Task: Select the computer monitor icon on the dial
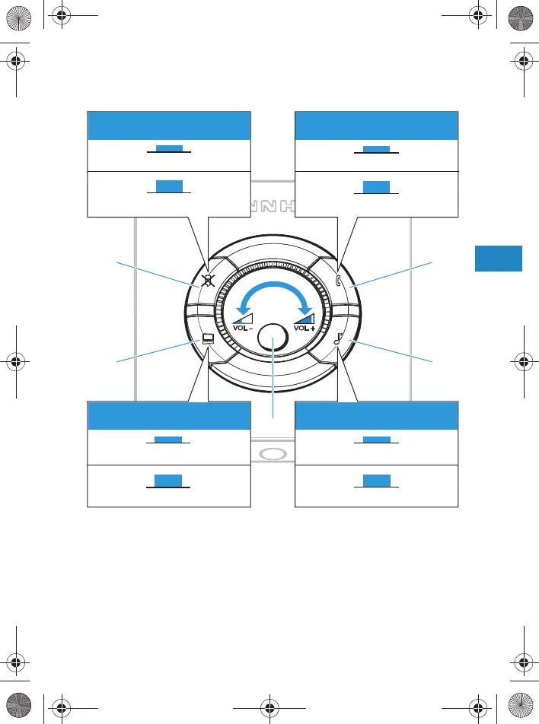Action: [207, 340]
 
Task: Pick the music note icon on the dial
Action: [337, 341]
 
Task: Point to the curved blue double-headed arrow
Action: [274, 293]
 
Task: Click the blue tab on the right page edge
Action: [499, 258]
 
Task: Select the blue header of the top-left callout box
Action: [169, 126]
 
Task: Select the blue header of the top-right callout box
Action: [376, 126]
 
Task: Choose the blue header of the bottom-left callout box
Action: [169, 417]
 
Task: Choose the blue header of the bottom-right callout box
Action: [376, 417]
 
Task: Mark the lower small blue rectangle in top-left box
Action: [169, 186]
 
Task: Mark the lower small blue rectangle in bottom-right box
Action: [376, 480]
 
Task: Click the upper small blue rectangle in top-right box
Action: [376, 149]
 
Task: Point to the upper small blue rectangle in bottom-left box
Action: [169, 440]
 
